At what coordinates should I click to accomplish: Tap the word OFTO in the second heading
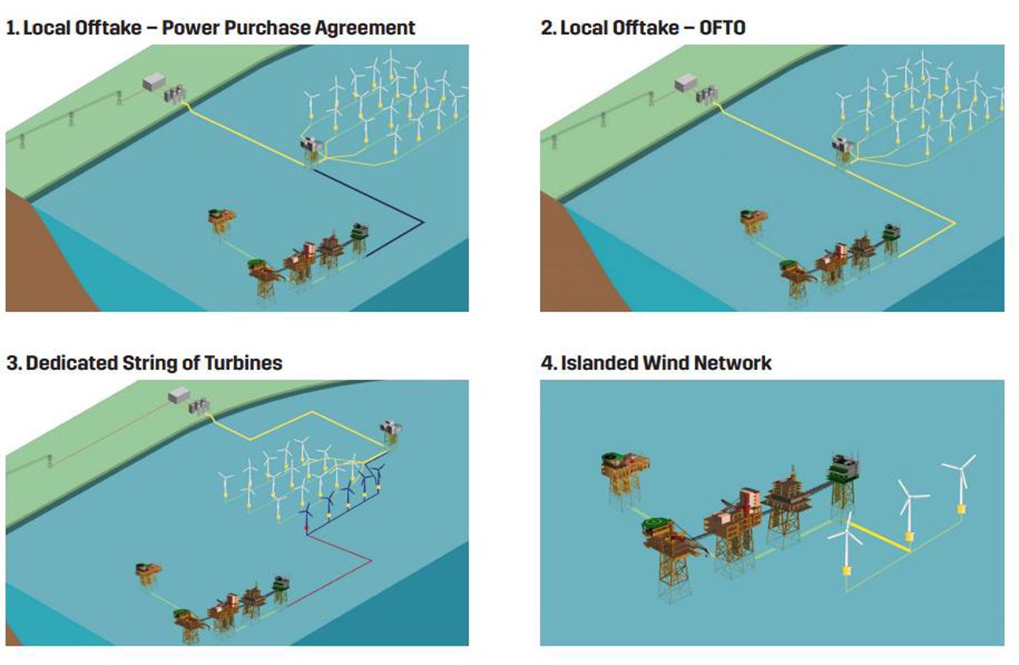click(x=722, y=28)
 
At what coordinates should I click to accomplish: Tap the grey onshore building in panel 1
click(x=154, y=83)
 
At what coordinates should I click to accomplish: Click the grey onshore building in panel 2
click(x=685, y=84)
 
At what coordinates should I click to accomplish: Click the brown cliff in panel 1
click(x=42, y=262)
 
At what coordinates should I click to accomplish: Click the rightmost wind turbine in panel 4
click(x=961, y=481)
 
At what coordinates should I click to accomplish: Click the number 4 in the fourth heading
click(x=547, y=364)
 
